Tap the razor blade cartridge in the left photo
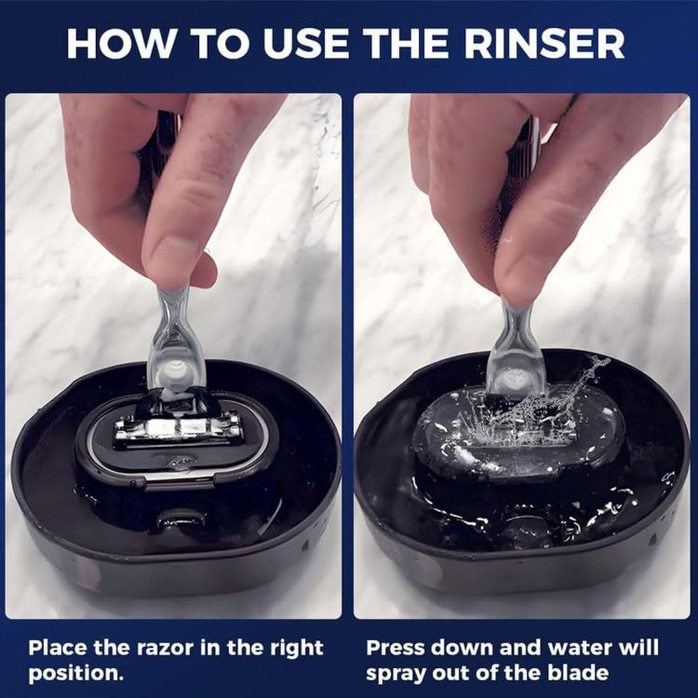177,428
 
